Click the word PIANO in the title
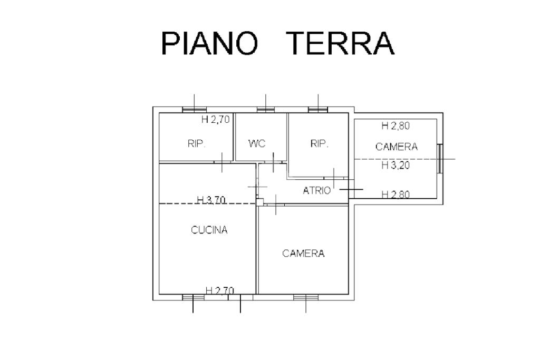point(209,43)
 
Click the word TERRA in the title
point(341,43)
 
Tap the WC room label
point(257,143)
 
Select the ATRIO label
point(317,190)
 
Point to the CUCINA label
point(209,230)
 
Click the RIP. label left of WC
point(196,143)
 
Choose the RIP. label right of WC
point(320,143)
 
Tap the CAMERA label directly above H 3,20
point(396,147)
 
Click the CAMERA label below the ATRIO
point(303,254)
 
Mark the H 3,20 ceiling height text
point(396,165)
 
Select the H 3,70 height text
point(211,200)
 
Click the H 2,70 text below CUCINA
point(219,290)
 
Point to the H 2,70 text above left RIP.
point(216,120)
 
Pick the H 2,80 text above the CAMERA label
point(396,126)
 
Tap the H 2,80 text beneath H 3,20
point(396,194)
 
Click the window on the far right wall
point(439,158)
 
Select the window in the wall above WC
point(266,110)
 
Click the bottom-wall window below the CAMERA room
point(306,297)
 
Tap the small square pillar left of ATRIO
point(259,201)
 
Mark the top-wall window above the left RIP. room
point(194,110)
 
